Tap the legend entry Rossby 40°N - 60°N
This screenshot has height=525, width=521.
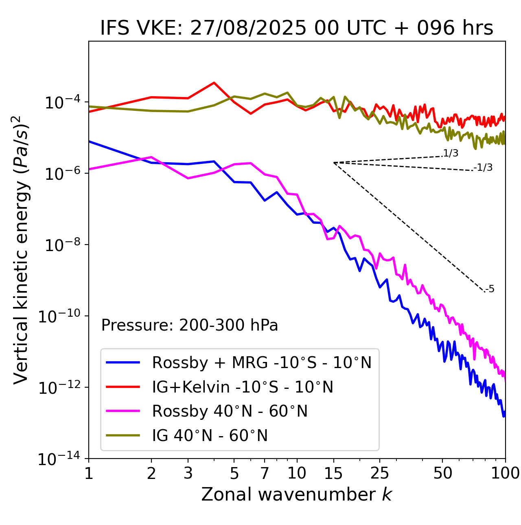[230, 411]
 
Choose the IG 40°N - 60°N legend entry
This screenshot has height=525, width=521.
[210, 436]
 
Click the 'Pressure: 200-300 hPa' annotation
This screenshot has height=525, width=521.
[190, 325]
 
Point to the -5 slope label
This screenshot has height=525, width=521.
[490, 289]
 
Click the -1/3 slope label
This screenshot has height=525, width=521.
[483, 168]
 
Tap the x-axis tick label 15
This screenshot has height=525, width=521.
[333, 473]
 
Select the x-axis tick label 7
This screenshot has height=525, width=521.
[265, 473]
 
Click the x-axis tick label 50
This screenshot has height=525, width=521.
[442, 473]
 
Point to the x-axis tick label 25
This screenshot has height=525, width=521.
[380, 473]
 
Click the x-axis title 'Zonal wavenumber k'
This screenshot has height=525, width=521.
[296, 494]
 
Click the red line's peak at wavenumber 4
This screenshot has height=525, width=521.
[214, 83]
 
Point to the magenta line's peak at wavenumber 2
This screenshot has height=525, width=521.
[151, 157]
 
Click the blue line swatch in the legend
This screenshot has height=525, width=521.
[123, 362]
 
